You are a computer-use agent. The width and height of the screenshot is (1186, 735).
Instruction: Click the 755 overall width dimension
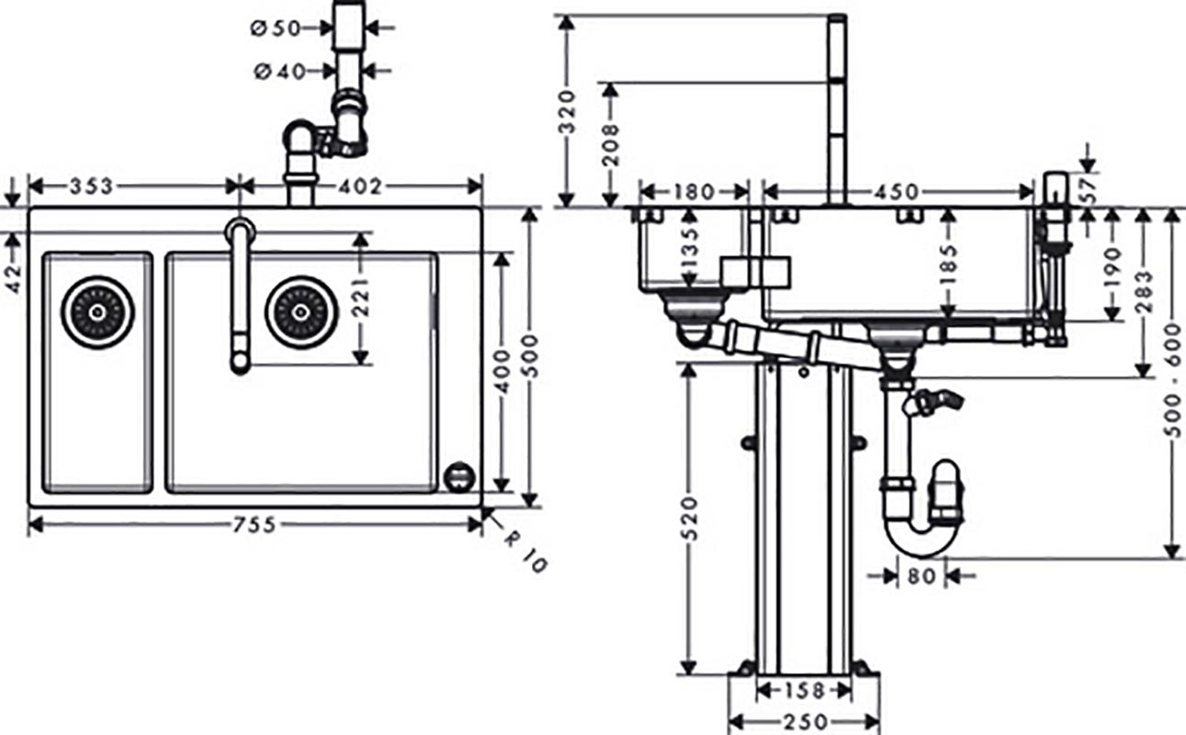click(x=254, y=525)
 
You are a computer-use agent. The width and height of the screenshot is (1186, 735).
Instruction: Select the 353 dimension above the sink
click(x=92, y=187)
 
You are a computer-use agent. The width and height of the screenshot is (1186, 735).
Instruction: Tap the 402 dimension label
click(x=360, y=187)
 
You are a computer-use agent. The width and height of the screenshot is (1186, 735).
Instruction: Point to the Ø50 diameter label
click(x=276, y=28)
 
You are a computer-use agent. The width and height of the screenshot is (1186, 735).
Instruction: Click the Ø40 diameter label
click(x=279, y=71)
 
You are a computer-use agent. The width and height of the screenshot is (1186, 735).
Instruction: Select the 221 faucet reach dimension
click(x=360, y=297)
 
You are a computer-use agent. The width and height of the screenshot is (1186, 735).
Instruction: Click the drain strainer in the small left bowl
click(x=97, y=312)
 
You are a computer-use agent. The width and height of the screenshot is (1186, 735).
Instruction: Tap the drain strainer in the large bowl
click(x=300, y=312)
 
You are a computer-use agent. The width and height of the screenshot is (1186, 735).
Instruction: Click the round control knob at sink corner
click(x=458, y=476)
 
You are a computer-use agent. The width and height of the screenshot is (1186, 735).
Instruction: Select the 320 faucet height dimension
click(x=567, y=111)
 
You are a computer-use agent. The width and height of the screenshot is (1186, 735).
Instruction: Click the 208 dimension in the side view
click(x=610, y=143)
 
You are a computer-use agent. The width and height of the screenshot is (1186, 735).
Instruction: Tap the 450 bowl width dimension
click(x=896, y=192)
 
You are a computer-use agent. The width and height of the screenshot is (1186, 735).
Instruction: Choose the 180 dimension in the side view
click(x=693, y=192)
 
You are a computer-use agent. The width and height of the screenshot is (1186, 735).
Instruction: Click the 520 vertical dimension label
click(x=691, y=516)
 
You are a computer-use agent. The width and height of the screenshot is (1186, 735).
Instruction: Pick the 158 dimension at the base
click(x=804, y=690)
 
